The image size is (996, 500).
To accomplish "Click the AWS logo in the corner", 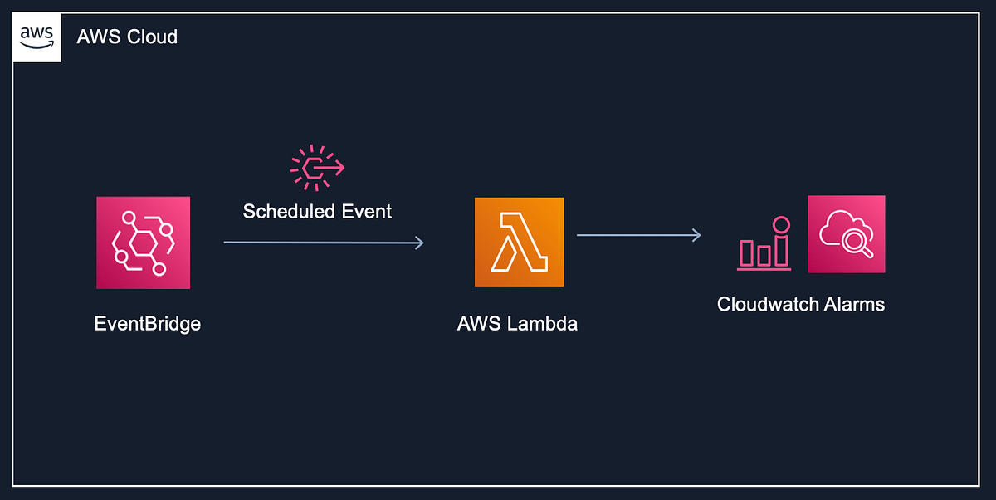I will coord(37,37).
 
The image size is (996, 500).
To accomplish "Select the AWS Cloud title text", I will coord(127,37).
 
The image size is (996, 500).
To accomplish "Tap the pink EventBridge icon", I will coord(143,243).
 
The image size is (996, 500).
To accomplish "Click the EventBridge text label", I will coord(147,323).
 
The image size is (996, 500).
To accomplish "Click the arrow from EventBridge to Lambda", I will coord(324,243).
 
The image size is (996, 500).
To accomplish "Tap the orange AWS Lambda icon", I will coord(519,242).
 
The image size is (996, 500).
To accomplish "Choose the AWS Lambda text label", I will coord(517,323).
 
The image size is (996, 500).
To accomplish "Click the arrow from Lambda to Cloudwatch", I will coord(639,235).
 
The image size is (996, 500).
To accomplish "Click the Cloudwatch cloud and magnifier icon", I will coord(846,234).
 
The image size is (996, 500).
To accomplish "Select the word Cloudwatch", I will coord(762,304).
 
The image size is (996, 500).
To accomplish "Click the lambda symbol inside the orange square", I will coord(519,242).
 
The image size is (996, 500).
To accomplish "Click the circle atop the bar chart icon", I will coord(780,224).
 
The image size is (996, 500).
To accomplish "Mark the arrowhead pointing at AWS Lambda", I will coord(420,243).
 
